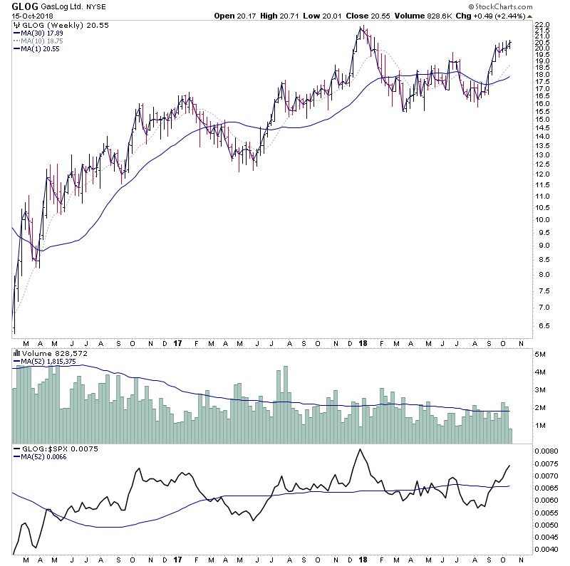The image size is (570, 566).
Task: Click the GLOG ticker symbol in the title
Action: click(20, 6)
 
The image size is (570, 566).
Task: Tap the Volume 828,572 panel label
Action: click(46, 352)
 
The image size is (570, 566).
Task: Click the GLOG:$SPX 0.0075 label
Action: click(49, 450)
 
